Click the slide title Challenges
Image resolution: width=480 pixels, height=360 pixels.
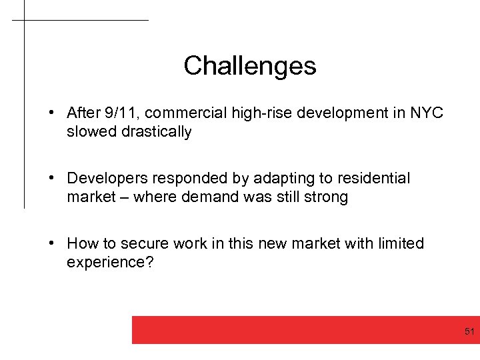[x=249, y=65]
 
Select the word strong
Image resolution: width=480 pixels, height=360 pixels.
[x=326, y=197]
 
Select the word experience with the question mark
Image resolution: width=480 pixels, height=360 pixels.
[x=110, y=262]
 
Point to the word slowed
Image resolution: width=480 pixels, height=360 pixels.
[x=91, y=131]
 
